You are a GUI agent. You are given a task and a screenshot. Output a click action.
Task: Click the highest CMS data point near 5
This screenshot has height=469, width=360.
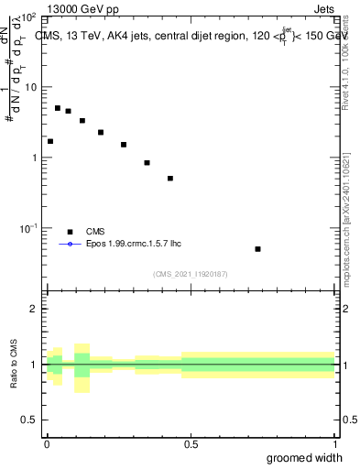(58, 108)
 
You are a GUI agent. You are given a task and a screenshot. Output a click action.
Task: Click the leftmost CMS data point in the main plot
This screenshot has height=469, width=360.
(50, 141)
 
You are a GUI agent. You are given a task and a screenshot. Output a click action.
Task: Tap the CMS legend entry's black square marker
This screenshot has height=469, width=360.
(70, 232)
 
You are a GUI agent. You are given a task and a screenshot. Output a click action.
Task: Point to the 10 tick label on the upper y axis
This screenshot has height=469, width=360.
(30, 87)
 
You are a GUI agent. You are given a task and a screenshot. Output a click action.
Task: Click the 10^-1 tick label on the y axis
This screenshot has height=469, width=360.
(28, 227)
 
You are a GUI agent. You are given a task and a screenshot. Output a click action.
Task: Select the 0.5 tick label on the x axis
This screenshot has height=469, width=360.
(191, 444)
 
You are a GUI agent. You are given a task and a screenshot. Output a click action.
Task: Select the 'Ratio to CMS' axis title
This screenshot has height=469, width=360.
(15, 365)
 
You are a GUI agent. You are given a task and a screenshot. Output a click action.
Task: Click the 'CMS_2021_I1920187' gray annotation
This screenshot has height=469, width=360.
(191, 274)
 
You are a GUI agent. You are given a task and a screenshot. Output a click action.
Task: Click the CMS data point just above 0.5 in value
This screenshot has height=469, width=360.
(170, 179)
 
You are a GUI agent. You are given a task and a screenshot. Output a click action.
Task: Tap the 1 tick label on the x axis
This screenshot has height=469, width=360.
(334, 444)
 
